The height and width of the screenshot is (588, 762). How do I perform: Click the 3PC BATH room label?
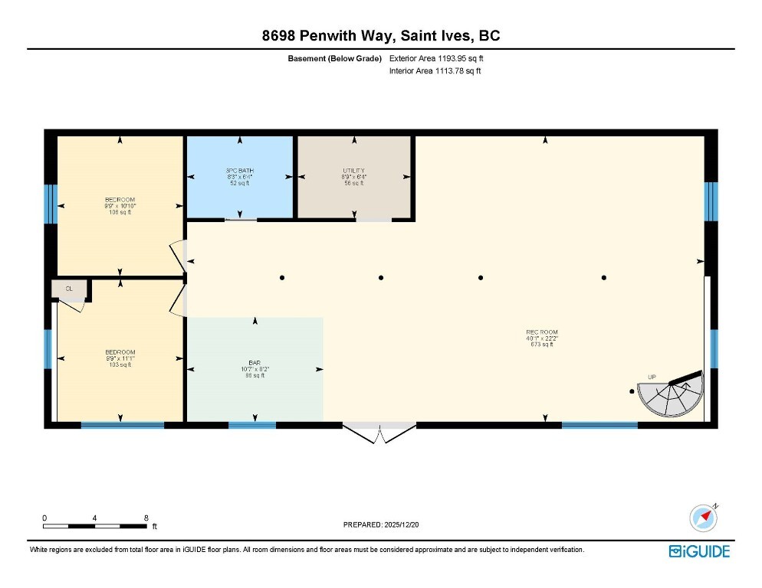240,170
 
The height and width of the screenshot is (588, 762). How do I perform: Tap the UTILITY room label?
353,170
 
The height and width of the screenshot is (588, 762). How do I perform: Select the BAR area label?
254,362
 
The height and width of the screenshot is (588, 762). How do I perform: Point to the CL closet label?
69,289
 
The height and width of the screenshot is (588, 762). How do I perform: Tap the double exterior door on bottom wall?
379,433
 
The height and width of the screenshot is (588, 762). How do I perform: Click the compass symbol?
704,518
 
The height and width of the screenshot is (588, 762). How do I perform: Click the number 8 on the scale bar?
146,518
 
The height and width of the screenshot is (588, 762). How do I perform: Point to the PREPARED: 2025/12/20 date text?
380,524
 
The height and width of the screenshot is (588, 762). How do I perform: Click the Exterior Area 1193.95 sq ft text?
436,57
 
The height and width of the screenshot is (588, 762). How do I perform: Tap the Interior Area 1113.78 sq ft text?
435,71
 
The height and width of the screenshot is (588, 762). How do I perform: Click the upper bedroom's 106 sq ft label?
120,212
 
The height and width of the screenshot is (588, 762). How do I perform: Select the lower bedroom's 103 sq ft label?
120,365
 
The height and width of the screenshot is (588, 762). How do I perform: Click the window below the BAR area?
252,425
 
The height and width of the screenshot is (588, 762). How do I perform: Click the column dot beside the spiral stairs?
632,391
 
